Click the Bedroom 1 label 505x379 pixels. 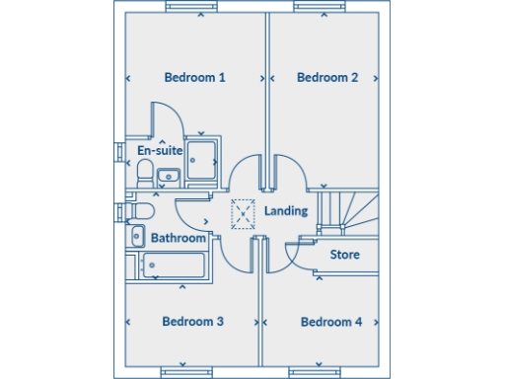click(194, 77)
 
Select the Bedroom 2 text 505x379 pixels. click(327, 77)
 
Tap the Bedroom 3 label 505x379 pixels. click(193, 322)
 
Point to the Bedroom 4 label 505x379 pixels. click(331, 322)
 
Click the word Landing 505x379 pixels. click(286, 211)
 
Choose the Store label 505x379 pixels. click(345, 255)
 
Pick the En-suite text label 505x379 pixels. click(160, 151)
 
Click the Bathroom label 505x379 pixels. click(179, 238)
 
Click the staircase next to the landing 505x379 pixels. click(350, 209)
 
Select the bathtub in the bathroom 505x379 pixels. click(174, 265)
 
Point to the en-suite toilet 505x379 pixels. click(144, 175)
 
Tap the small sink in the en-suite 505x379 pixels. click(167, 177)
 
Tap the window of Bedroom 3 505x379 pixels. click(188, 372)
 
